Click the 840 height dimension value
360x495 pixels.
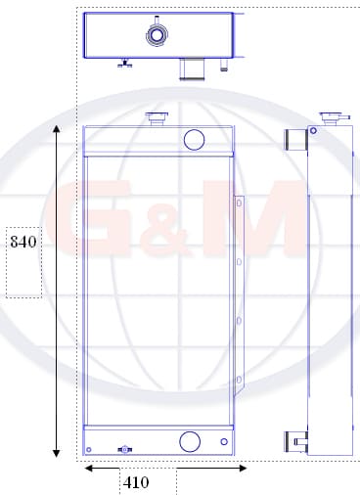pos(23,242)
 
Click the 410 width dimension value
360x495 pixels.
pos(136,482)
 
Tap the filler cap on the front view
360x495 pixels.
pos(157,118)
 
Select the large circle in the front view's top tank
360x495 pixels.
pos(194,140)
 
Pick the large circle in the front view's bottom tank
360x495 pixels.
pos(190,441)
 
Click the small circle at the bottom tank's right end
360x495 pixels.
pos(224,441)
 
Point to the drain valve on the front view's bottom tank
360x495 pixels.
pos(124,450)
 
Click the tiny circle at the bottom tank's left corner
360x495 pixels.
pos(88,450)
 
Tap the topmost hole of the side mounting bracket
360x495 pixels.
pos(239,203)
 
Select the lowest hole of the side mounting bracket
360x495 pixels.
pos(239,380)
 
